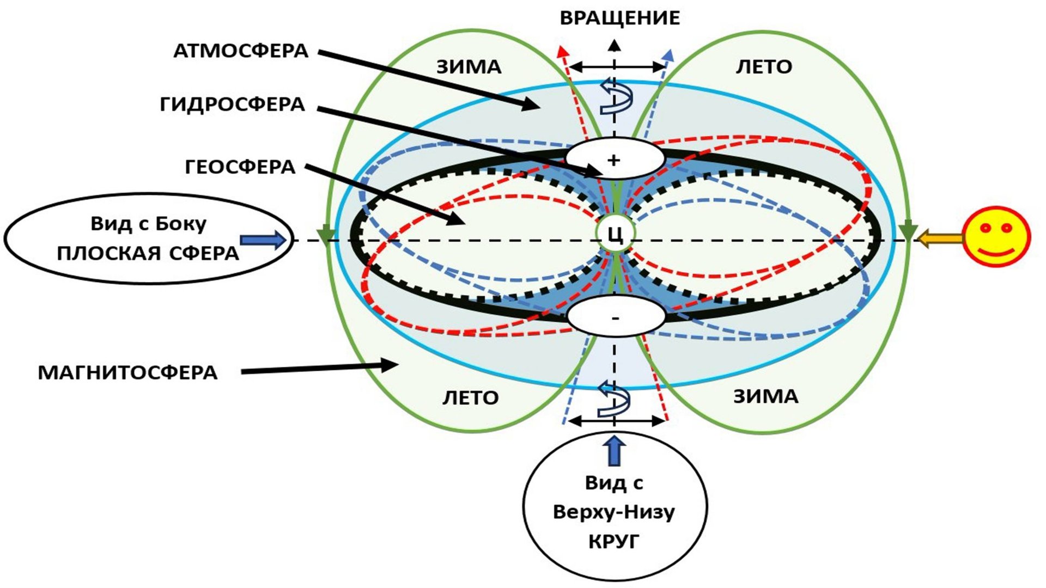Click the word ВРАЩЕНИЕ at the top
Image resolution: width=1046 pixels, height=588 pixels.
pyautogui.click(x=620, y=18)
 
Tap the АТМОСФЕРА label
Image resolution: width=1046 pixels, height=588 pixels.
pyautogui.click(x=241, y=51)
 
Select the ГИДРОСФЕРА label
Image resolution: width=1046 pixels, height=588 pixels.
pyautogui.click(x=233, y=104)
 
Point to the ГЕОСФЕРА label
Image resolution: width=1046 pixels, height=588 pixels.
pyautogui.click(x=240, y=167)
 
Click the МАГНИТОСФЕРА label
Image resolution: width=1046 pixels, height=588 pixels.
pyautogui.click(x=127, y=373)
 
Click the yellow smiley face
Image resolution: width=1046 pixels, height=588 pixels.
pyautogui.click(x=996, y=236)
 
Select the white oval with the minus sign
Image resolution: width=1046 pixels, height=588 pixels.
pyautogui.click(x=616, y=317)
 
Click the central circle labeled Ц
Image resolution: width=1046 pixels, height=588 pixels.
pyautogui.click(x=615, y=234)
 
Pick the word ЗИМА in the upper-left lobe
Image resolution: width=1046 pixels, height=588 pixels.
pyautogui.click(x=469, y=67)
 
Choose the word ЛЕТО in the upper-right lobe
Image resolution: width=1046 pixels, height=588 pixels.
pyautogui.click(x=764, y=67)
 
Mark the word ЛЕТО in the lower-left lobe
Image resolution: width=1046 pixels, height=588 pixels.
pyautogui.click(x=470, y=398)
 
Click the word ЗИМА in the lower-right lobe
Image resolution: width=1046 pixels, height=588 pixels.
pyautogui.click(x=765, y=396)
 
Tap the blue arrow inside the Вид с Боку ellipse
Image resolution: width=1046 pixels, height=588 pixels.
pyautogui.click(x=263, y=240)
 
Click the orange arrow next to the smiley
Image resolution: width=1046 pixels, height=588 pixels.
pyautogui.click(x=940, y=238)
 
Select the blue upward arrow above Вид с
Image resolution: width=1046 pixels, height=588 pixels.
pyautogui.click(x=615, y=450)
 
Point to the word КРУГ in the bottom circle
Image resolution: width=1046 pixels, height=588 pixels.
pyautogui.click(x=613, y=542)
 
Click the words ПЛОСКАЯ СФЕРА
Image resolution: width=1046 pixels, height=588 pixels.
pyautogui.click(x=148, y=254)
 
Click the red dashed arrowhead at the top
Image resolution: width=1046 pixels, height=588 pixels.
pyautogui.click(x=562, y=51)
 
